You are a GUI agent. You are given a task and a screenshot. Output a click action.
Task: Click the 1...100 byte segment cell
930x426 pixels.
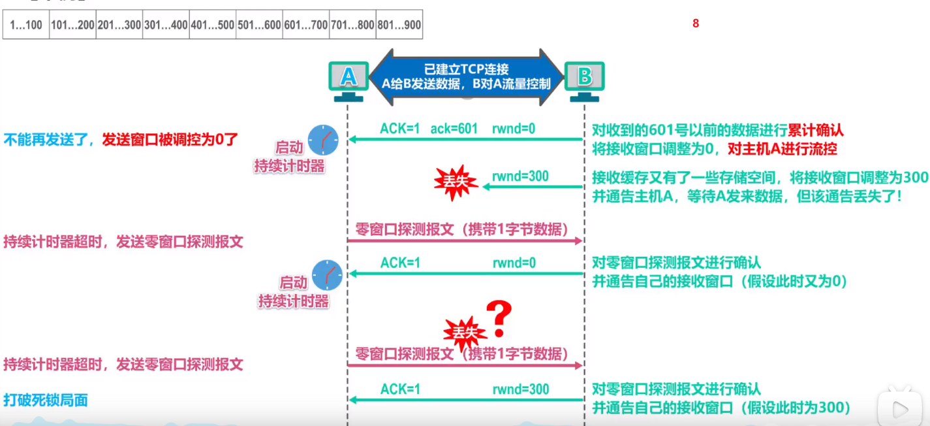(26, 26)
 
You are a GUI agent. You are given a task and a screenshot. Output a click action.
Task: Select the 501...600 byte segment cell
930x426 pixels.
(259, 26)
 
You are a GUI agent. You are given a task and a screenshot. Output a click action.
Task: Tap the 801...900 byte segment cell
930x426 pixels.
(399, 26)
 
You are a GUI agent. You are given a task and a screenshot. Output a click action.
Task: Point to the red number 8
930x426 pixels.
(696, 24)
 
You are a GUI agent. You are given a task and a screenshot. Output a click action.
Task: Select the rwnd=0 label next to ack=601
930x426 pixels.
(514, 129)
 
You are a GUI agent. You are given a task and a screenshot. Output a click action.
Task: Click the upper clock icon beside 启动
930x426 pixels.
(323, 139)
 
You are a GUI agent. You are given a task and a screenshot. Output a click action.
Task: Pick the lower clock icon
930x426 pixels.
(327, 274)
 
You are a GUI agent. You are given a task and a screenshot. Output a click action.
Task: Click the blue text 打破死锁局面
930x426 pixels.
(45, 400)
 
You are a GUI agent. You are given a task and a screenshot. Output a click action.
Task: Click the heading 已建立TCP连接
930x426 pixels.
(466, 69)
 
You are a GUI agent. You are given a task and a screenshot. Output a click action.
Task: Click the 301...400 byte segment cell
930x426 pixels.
(166, 26)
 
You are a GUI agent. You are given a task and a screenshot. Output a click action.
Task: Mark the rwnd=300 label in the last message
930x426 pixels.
(521, 389)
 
